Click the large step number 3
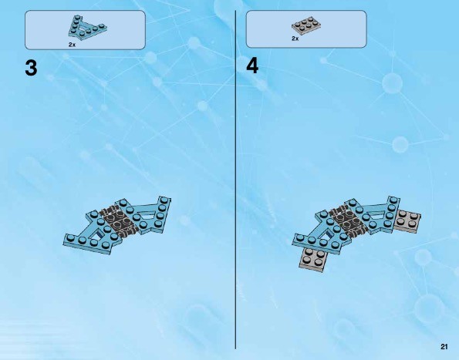(32, 68)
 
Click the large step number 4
(252, 66)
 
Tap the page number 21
(444, 347)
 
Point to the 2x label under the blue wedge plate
(72, 45)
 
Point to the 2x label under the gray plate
(295, 39)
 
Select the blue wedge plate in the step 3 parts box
(87, 27)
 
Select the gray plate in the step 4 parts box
(306, 25)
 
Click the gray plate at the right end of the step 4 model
(407, 221)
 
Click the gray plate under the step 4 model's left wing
(313, 259)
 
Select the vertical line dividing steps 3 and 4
(235, 180)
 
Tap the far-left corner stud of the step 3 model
(69, 237)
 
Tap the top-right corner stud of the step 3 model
(164, 200)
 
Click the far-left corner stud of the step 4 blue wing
(299, 237)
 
